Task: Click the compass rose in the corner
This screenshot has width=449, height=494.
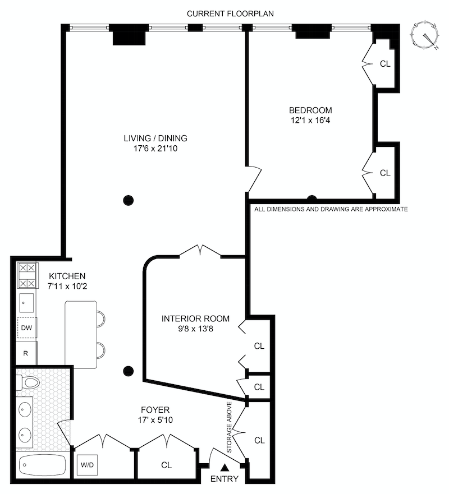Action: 425,35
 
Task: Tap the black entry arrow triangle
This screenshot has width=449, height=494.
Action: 224,467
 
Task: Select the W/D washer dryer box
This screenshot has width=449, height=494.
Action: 88,465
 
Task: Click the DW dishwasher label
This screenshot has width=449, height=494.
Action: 27,327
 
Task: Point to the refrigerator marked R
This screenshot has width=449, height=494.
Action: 26,353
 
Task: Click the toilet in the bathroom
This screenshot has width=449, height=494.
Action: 28,383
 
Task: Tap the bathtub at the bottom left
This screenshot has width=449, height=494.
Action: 42,465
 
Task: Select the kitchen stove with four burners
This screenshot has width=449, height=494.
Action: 27,275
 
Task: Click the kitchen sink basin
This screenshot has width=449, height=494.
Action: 27,303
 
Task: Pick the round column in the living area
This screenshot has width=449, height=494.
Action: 129,200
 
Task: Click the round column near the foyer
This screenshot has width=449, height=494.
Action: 129,371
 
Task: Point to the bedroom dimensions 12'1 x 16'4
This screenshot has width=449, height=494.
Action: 310,121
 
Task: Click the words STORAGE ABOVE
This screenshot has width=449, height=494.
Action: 229,427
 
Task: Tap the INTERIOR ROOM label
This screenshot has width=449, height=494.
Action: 195,318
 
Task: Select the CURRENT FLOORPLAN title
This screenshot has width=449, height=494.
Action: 231,13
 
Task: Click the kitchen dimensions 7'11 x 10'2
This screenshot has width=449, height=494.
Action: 67,286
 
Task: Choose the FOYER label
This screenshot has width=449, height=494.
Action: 155,409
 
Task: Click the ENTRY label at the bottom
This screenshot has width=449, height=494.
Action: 224,479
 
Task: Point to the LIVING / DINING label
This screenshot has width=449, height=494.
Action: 155,138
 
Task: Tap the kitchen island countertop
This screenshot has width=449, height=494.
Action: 81,335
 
